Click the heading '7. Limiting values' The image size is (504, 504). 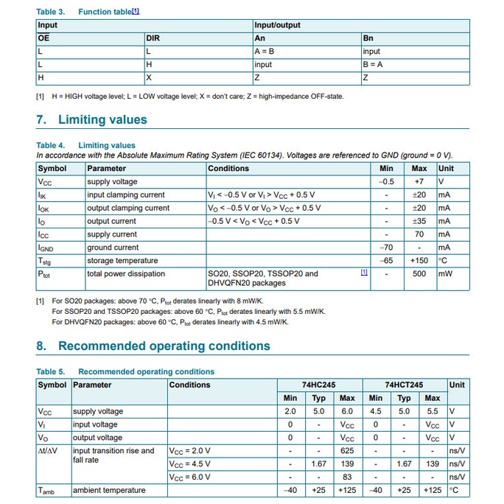pyautogui.click(x=91, y=120)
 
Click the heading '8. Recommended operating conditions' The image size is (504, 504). pyautogui.click(x=153, y=346)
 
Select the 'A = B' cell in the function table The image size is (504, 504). pyautogui.click(x=263, y=52)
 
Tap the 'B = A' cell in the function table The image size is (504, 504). pyautogui.click(x=373, y=65)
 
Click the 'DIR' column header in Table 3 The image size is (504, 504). pyautogui.click(x=153, y=38)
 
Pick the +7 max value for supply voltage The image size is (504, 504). pyautogui.click(x=419, y=182)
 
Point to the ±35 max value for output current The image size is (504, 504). pyautogui.click(x=419, y=221)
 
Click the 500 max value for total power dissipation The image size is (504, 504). pyautogui.click(x=419, y=274)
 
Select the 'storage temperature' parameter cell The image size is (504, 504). pyautogui.click(x=122, y=261)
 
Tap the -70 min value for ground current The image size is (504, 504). pyautogui.click(x=386, y=248)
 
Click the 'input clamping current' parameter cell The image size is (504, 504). pyautogui.click(x=126, y=195)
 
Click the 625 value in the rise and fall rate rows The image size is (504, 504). pyautogui.click(x=346, y=451)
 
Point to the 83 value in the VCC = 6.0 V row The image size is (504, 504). pyautogui.click(x=346, y=477)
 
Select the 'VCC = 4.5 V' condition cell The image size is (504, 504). pyautogui.click(x=189, y=464)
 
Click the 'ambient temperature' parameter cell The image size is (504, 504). pyautogui.click(x=108, y=491)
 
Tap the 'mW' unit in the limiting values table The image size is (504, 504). pyautogui.click(x=445, y=274)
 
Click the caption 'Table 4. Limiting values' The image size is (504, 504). pyautogui.click(x=85, y=146)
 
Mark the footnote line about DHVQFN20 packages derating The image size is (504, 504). pyautogui.click(x=170, y=322)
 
